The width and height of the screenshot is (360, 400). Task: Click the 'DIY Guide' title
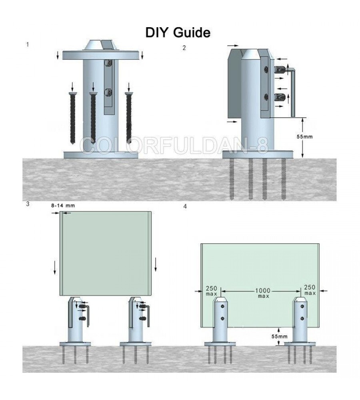pos(178,33)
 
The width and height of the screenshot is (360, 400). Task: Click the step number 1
pos(27,44)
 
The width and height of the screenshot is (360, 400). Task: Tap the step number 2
pos(184,48)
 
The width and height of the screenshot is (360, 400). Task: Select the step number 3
pos(27,204)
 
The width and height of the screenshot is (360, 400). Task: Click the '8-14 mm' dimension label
pos(63,205)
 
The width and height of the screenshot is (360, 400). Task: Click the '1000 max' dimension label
pos(264,293)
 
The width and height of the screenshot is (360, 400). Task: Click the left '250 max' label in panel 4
pos(211,290)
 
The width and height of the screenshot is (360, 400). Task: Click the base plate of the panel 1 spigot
pos(102,154)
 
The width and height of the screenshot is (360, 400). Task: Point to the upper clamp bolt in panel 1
pos(108,63)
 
